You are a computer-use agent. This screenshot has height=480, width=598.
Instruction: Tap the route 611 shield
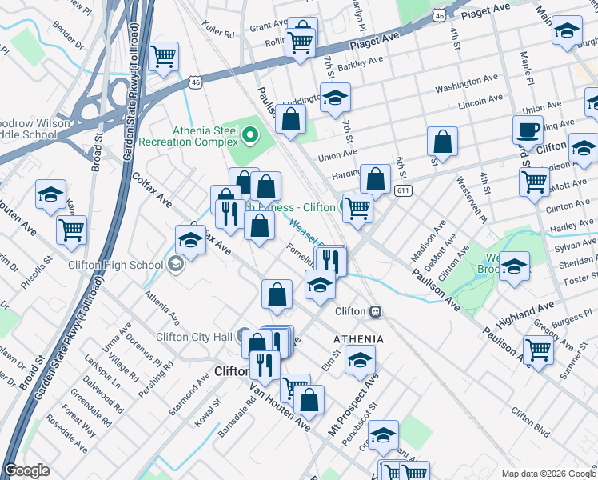pos(403,190)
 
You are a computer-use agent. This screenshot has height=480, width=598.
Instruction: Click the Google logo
pos(26,470)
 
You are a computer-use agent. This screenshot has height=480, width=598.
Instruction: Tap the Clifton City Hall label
pos(195,337)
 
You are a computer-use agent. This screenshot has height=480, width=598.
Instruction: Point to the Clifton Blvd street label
pos(528,424)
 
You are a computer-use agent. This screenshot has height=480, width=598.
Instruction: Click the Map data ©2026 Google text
pos(548,474)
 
